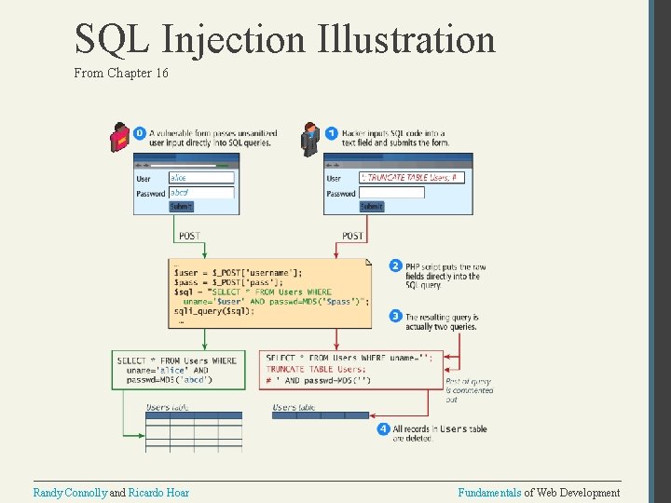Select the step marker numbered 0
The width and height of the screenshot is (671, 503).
140,133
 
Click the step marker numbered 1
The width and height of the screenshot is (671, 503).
332,133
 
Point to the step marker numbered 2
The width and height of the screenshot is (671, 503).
395,265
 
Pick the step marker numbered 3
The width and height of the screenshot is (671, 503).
395,317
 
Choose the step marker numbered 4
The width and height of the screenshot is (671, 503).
383,428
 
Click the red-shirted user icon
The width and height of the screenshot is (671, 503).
119,138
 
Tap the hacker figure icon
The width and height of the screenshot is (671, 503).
310,138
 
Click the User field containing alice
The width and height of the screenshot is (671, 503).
200,178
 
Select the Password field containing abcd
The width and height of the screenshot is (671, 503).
200,193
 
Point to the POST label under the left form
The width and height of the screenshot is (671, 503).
189,236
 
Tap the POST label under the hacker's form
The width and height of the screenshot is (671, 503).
352,236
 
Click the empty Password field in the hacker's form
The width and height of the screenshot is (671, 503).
391,193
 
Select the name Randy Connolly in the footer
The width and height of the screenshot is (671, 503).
70,492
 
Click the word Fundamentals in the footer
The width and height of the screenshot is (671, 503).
489,492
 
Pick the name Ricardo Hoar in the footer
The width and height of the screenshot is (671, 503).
157,492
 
